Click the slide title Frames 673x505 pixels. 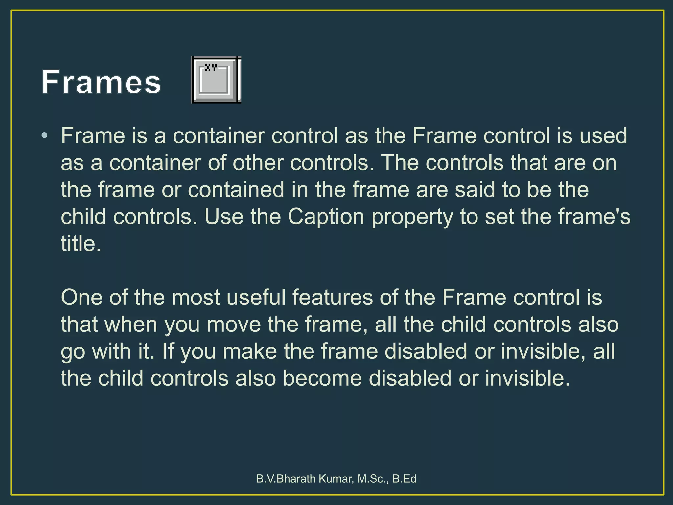point(101,82)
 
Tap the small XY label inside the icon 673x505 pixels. point(211,67)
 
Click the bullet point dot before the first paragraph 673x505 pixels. point(45,135)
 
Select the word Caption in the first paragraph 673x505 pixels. point(326,217)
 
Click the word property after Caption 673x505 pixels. point(412,217)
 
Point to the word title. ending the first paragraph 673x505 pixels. point(81,244)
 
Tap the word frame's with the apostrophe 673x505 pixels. point(594,217)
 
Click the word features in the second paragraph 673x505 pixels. point(333,298)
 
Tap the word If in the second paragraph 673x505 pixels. point(168,351)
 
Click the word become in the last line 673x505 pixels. point(322,378)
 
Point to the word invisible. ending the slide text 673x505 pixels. point(527,378)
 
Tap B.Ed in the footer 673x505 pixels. point(405,479)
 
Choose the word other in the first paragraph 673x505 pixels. point(258,163)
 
